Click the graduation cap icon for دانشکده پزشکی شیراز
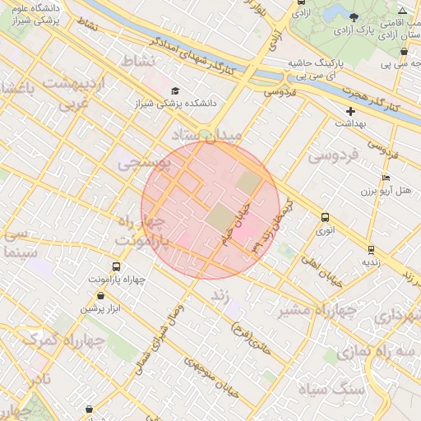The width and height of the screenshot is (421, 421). (x=174, y=90)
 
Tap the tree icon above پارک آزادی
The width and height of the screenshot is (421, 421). (x=354, y=16)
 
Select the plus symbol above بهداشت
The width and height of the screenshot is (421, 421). (x=351, y=110)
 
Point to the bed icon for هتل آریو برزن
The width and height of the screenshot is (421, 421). (x=386, y=178)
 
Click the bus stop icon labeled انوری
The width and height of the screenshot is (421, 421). (x=326, y=218)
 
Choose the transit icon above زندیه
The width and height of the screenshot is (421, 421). (x=371, y=249)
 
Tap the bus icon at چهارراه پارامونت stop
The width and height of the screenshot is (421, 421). (x=116, y=266)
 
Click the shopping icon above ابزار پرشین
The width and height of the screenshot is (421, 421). (x=100, y=295)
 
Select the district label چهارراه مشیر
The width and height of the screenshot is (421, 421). (x=316, y=311)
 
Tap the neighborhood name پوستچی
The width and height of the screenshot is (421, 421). (x=144, y=164)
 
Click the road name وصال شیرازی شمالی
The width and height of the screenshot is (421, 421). (x=168, y=337)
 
